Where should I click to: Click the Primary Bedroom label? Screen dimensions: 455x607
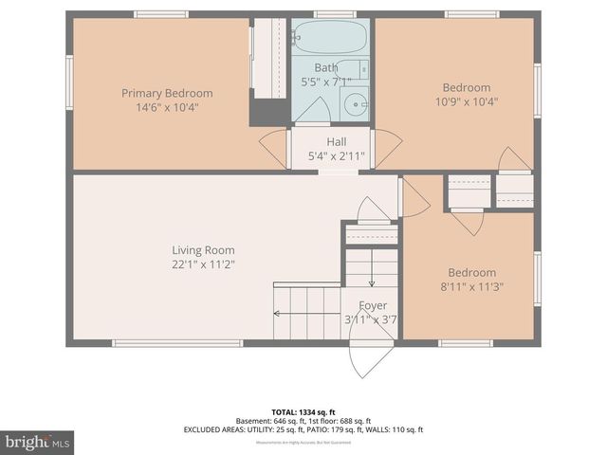click(167, 93)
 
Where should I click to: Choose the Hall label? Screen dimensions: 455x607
click(336, 141)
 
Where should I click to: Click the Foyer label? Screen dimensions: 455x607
click(371, 305)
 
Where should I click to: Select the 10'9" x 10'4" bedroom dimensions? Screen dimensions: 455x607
click(466, 101)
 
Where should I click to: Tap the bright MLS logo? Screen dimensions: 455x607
click(38, 442)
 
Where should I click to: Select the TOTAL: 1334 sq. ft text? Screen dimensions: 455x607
click(303, 412)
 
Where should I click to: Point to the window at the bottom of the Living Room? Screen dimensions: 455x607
click(177, 343)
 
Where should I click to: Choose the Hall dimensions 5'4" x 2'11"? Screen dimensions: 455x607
click(336, 156)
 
